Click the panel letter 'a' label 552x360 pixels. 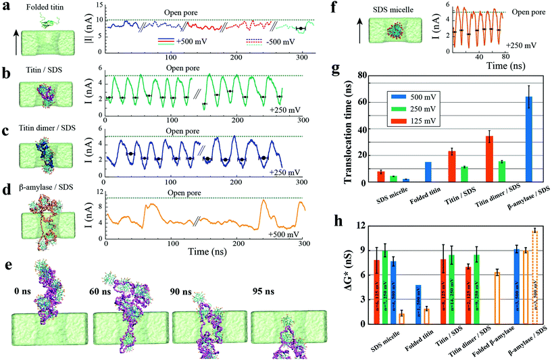5,5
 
